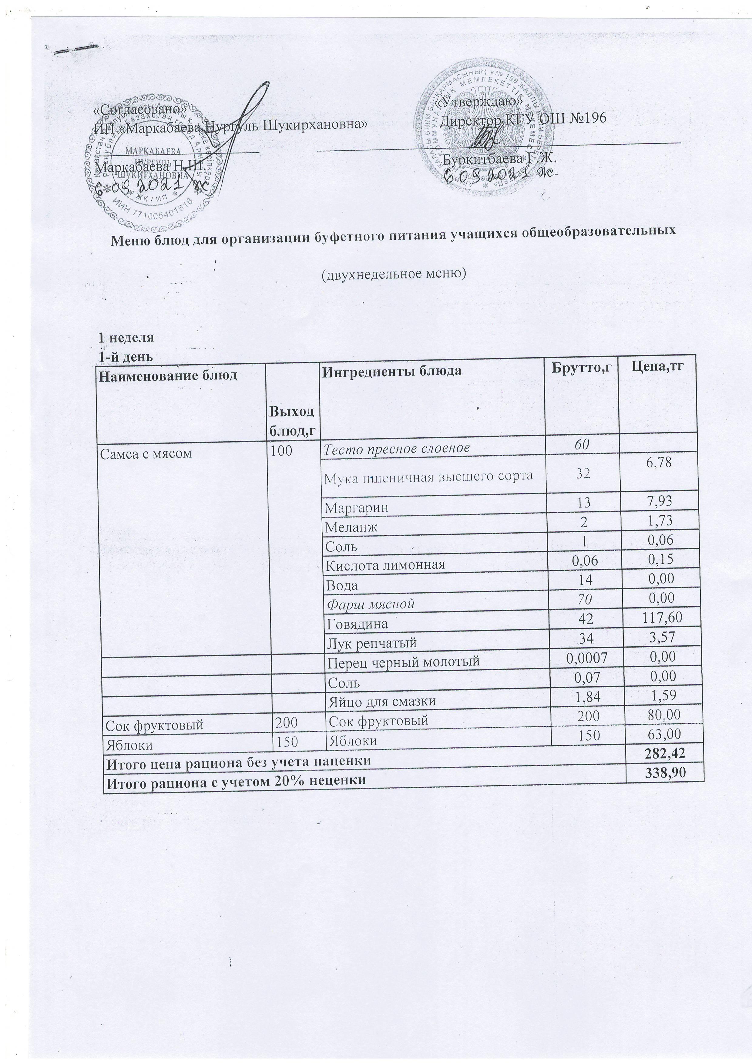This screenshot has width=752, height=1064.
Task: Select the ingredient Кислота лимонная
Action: (x=384, y=565)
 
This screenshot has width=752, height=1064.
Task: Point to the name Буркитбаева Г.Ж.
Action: (x=499, y=159)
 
